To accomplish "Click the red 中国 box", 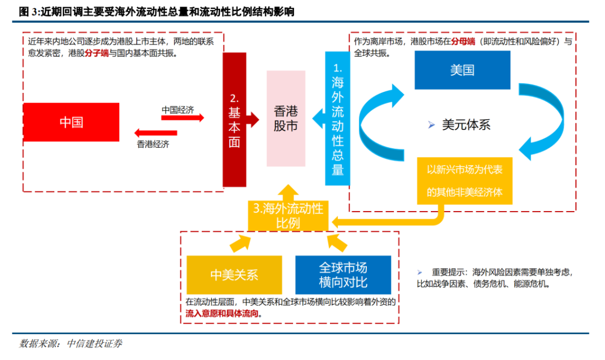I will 71,122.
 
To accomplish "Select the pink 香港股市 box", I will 286,118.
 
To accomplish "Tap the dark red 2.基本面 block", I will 234,120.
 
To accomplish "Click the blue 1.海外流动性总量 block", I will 337,118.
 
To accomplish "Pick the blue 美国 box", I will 462,70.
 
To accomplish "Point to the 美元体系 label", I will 466,125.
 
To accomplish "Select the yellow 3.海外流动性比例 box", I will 288,216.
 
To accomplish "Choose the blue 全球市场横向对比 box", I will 343,274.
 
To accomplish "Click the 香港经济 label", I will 153,144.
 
